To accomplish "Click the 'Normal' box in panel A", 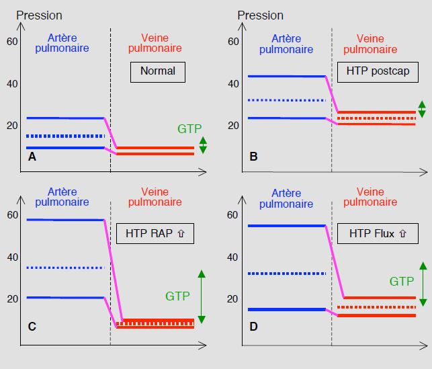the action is tap(158, 72).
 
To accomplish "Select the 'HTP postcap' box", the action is tap(378, 72).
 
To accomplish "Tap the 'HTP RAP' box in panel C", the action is tap(155, 233).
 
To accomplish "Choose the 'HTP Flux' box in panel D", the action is tap(378, 233).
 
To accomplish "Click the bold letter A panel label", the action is tap(32, 157).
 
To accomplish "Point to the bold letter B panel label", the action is tap(253, 157).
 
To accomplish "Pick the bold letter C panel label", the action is tap(32, 326).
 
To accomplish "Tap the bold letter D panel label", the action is tap(253, 326).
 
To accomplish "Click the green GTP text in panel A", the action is tap(189, 128).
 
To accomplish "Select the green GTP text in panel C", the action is tap(177, 296).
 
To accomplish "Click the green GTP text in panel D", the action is tap(402, 282).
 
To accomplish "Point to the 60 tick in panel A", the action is tap(12, 42).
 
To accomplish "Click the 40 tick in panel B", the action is tap(233, 84).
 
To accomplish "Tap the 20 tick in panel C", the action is tap(13, 298).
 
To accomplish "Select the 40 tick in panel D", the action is tap(232, 257).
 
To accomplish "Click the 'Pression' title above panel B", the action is tap(261, 15).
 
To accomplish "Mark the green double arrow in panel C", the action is tap(202, 296).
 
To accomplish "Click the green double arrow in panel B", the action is tap(422, 109).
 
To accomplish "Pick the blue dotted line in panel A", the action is tap(66, 136).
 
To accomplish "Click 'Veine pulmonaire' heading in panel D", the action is tap(370, 197).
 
